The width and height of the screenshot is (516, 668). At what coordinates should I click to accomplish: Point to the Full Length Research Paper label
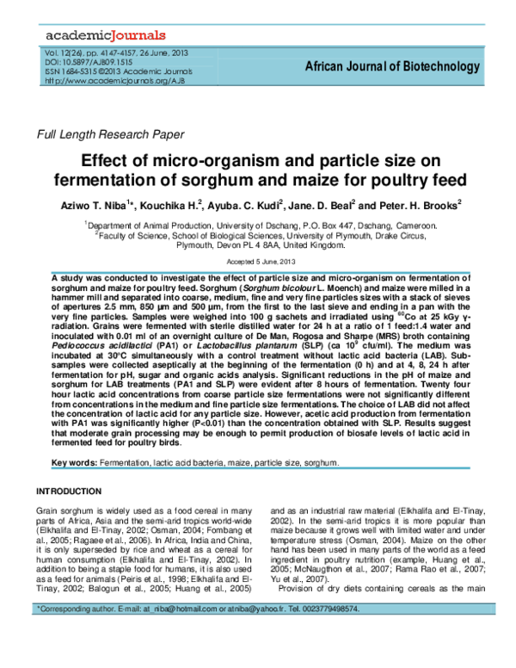(x=108, y=134)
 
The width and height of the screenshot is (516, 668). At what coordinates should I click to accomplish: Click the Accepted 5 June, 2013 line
(x=259, y=261)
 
